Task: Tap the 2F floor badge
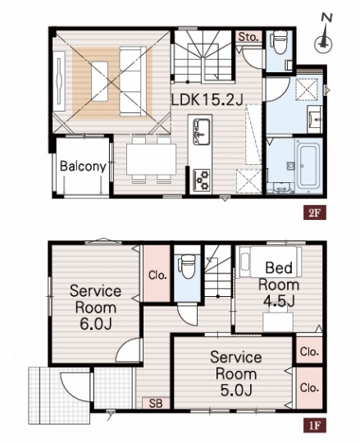point(315,212)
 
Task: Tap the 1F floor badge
point(315,425)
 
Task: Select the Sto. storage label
point(248,37)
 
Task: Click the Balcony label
point(83,166)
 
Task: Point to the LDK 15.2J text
point(207,99)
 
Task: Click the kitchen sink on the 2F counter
point(201,130)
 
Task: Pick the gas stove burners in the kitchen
point(202,180)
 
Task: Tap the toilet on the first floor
point(187,267)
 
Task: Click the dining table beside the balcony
point(152,159)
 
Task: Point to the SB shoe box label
point(156,403)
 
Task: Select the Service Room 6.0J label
point(96,308)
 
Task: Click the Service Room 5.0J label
point(236,373)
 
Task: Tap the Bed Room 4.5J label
point(279,285)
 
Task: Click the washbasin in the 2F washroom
point(314,119)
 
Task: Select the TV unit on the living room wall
point(60,81)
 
